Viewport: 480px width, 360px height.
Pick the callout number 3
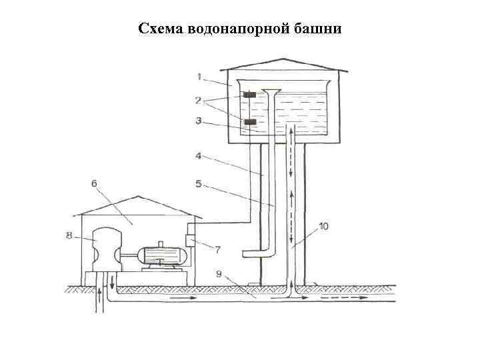[198, 122]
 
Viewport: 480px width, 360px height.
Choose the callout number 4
[198, 157]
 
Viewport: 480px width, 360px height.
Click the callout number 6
[94, 183]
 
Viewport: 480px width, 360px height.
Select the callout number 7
[217, 249]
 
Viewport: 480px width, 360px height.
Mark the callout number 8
[69, 234]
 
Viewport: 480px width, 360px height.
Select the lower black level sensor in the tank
[250, 122]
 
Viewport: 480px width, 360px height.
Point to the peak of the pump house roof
[138, 197]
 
